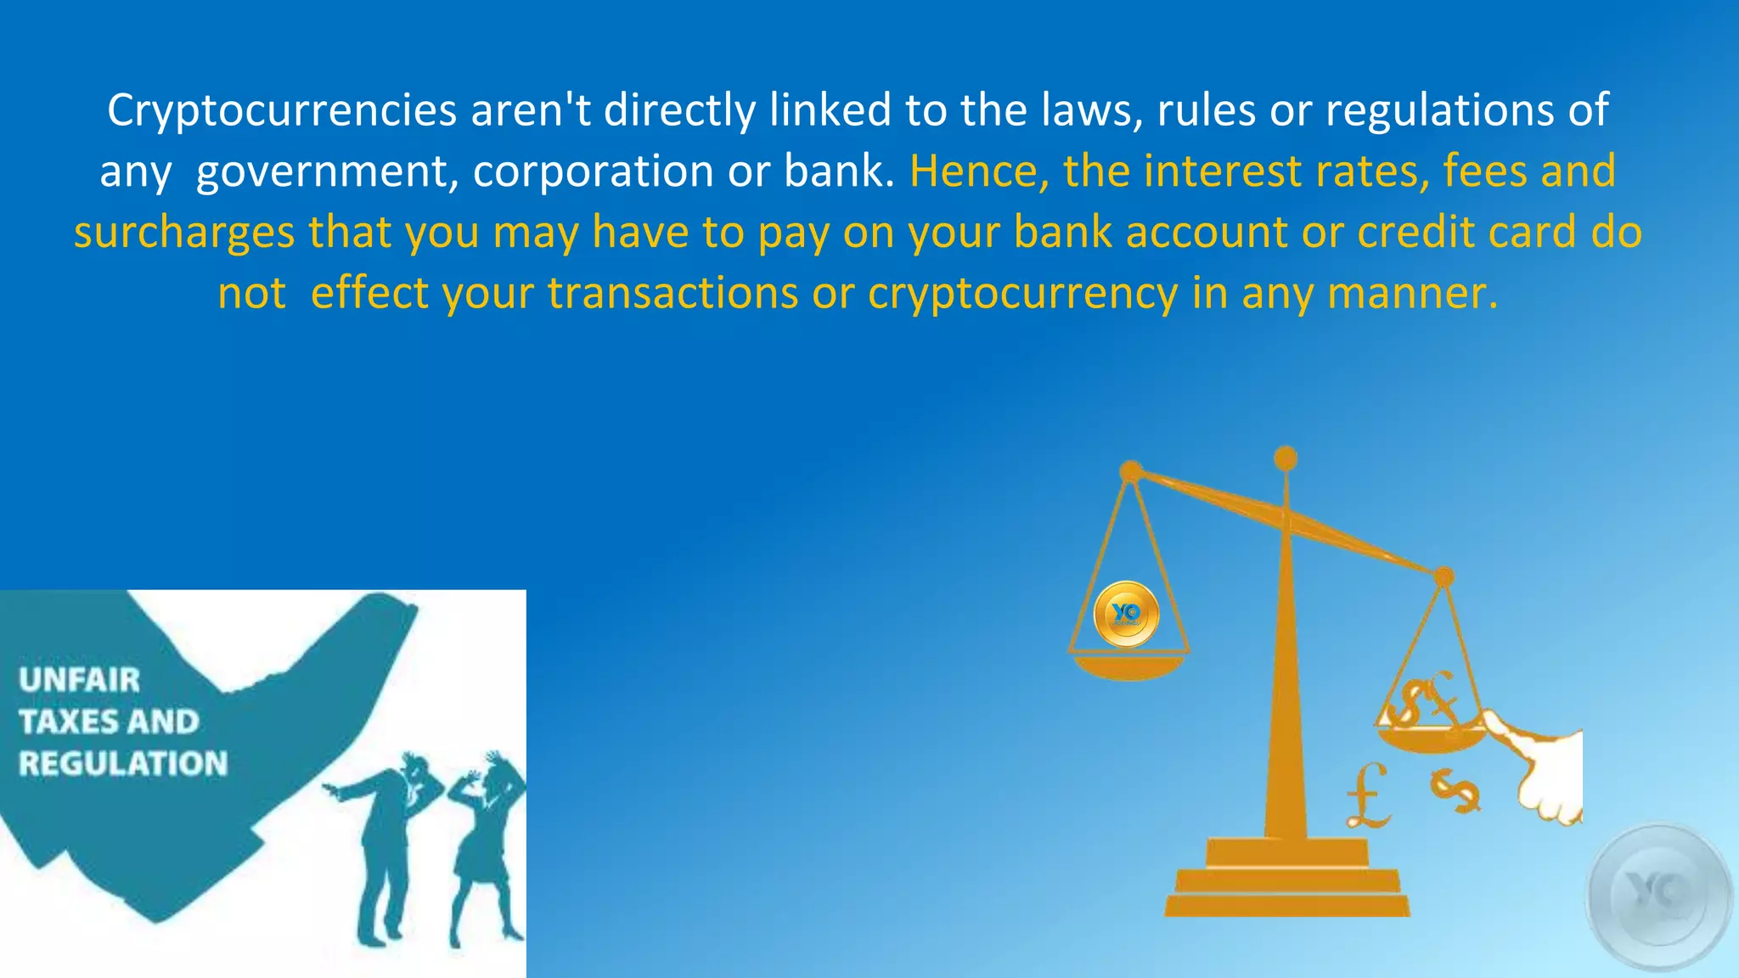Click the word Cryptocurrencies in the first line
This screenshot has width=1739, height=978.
pos(282,111)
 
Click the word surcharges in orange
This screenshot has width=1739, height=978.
pos(183,233)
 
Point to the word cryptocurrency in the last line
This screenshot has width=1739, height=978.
pos(1022,294)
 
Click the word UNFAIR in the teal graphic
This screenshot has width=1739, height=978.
pos(79,680)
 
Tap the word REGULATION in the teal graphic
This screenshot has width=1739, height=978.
pos(123,764)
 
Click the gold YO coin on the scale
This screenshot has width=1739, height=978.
pos(1126,614)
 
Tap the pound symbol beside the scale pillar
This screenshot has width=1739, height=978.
pos(1367,795)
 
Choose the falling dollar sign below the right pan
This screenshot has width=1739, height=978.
pos(1455,790)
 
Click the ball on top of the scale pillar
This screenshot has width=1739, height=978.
pos(1286,458)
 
